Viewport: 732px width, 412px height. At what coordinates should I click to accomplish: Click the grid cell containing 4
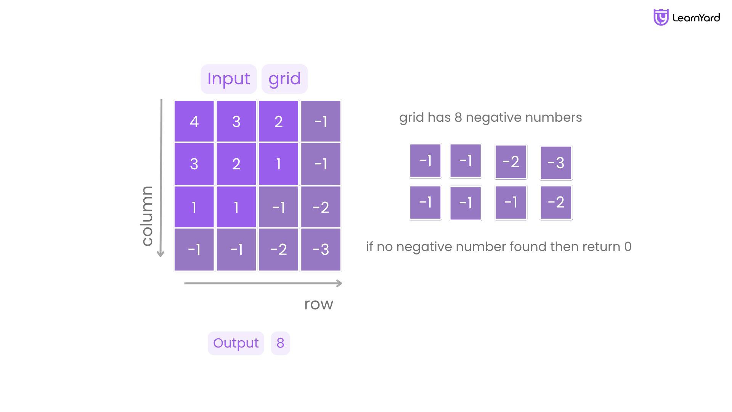click(194, 121)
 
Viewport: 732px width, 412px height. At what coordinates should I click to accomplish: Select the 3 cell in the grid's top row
click(236, 121)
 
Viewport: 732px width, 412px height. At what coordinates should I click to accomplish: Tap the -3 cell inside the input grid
click(321, 249)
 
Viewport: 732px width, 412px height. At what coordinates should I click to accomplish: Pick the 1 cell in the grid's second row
click(279, 164)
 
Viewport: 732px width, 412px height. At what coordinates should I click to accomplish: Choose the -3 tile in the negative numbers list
click(556, 163)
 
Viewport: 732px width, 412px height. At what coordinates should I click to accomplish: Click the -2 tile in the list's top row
click(511, 162)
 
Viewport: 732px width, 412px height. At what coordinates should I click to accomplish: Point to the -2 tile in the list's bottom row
click(556, 203)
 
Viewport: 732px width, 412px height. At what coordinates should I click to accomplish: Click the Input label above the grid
click(229, 79)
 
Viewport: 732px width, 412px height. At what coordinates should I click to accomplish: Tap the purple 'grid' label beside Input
click(285, 79)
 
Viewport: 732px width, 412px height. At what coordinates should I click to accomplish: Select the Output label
click(236, 343)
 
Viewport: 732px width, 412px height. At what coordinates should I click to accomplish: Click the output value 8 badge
click(281, 343)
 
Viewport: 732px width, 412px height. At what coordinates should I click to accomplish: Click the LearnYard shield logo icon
click(661, 18)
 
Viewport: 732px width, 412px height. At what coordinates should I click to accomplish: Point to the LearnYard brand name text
click(696, 18)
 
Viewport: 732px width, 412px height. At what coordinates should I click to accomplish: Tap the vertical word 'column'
click(147, 216)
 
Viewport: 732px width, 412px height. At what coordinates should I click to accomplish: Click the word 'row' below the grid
click(319, 304)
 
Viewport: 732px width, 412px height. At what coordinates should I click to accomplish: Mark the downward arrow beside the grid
click(161, 178)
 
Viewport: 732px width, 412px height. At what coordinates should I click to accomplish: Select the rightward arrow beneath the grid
click(263, 283)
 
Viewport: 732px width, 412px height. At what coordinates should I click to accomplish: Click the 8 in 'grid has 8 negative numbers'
click(458, 117)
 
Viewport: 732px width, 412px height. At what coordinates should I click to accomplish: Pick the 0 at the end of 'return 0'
click(628, 247)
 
